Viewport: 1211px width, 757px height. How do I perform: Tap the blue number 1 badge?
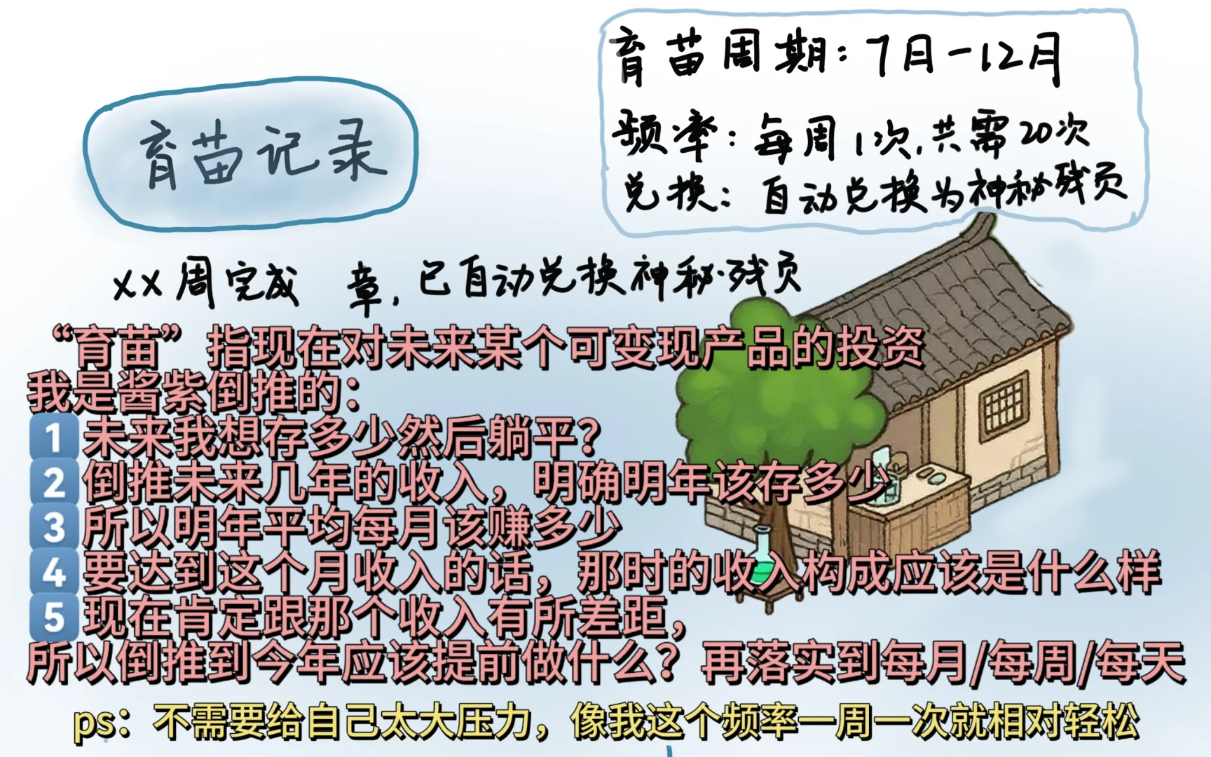(54, 437)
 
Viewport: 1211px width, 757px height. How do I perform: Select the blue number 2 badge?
(54, 483)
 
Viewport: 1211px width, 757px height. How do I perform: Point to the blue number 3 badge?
(54, 527)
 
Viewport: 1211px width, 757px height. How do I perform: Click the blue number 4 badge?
(54, 572)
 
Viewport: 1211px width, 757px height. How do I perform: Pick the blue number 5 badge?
(54, 617)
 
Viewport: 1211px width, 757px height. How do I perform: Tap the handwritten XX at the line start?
(137, 285)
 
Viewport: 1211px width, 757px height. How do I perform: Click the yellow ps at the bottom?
(95, 723)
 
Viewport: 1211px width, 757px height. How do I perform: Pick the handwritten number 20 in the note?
(1039, 133)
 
